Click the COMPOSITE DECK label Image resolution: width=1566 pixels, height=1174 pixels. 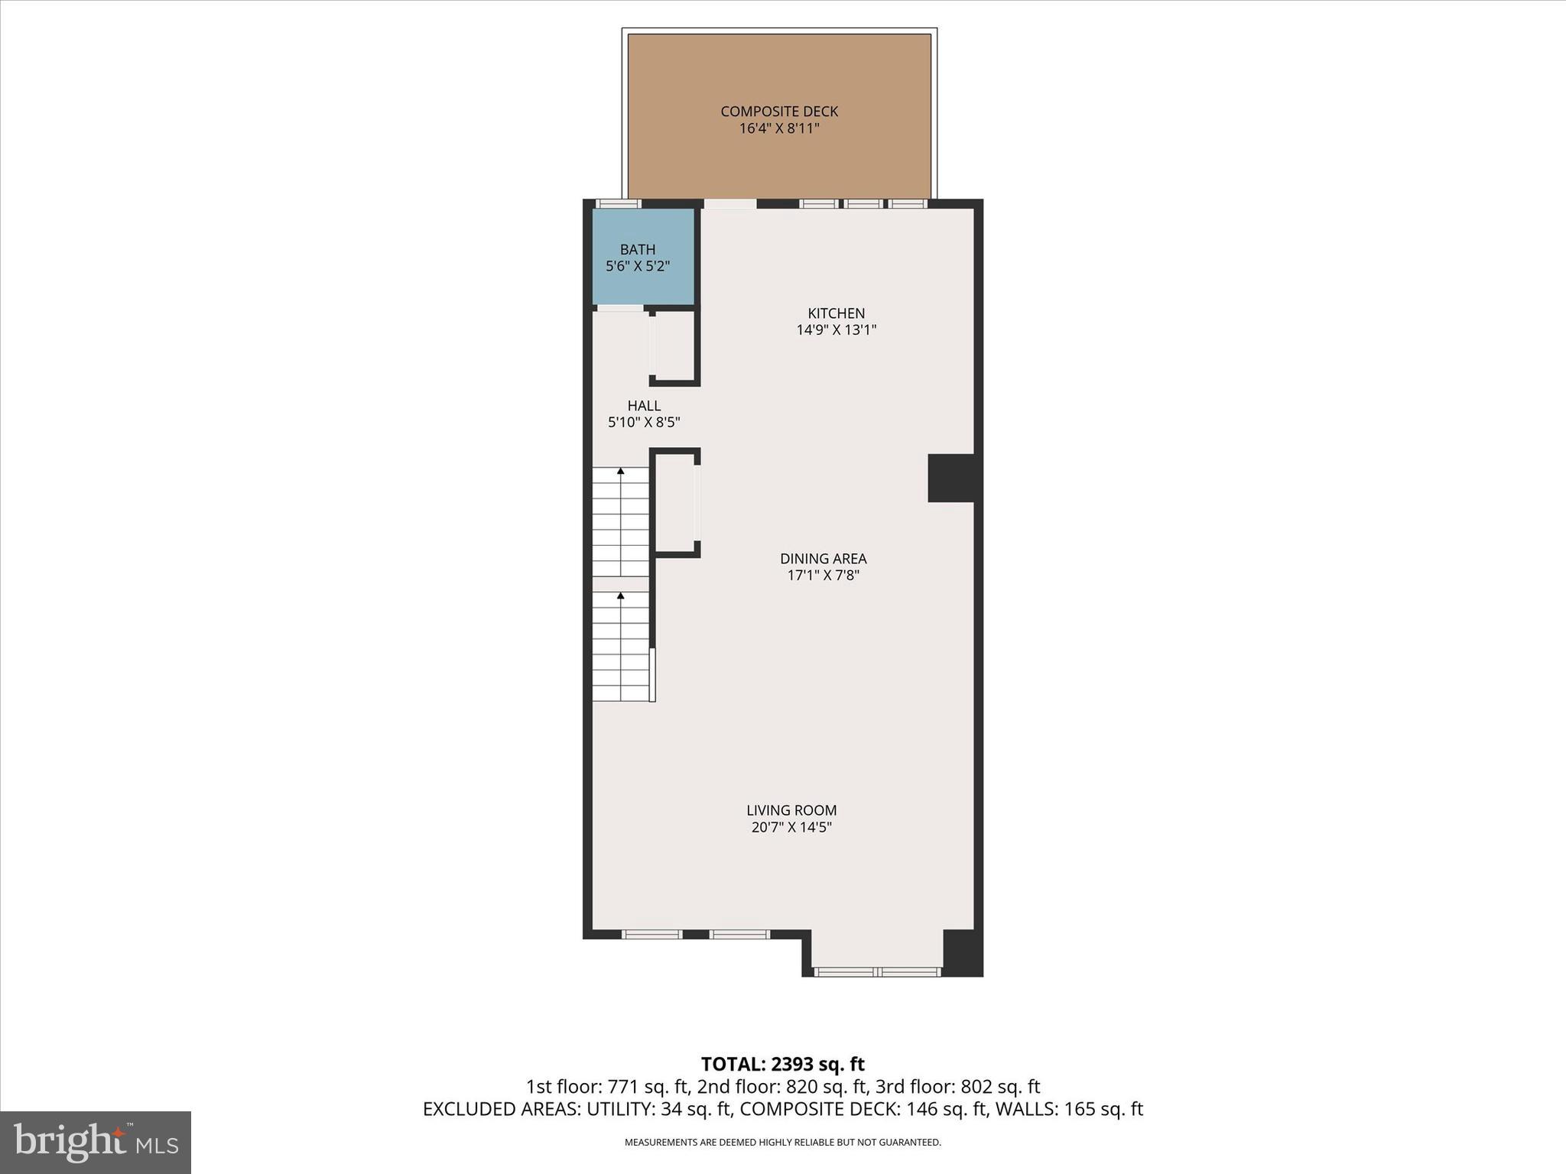point(779,112)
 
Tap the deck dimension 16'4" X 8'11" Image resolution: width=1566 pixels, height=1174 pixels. point(779,128)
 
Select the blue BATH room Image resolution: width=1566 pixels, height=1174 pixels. point(643,257)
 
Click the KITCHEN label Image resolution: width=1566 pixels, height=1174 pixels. point(836,313)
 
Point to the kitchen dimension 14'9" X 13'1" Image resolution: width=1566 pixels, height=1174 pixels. point(836,330)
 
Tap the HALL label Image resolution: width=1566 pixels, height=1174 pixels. point(644,406)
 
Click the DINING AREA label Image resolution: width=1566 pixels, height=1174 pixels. point(823,559)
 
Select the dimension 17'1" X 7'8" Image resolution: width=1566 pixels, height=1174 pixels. point(823,576)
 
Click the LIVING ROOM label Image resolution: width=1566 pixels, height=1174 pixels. point(791,810)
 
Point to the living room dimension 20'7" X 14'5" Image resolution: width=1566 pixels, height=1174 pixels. point(791,827)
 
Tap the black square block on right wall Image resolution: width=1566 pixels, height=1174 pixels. point(951,478)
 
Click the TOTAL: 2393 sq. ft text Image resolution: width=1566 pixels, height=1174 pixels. point(782,1064)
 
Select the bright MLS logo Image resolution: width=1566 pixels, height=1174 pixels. point(96,1142)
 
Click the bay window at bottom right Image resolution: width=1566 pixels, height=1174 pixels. point(877,972)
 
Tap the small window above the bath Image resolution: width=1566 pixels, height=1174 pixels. point(618,204)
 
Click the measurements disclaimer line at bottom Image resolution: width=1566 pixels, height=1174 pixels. point(782,1143)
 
